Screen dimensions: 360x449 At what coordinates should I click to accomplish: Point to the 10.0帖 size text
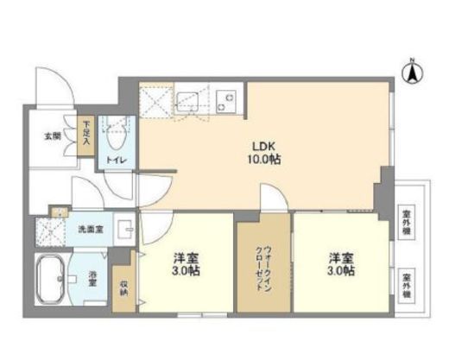click(264, 160)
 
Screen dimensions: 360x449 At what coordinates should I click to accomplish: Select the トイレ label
click(114, 161)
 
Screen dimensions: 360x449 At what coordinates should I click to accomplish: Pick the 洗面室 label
click(90, 230)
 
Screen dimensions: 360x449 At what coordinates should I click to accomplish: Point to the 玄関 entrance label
click(53, 136)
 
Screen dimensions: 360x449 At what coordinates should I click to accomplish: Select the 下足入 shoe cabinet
click(87, 136)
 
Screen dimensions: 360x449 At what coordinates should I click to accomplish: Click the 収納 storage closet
click(124, 287)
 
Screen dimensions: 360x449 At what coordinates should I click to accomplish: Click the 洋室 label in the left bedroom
click(187, 256)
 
